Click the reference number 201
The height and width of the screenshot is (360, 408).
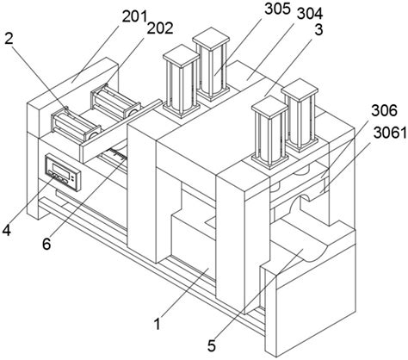pyautogui.click(x=134, y=16)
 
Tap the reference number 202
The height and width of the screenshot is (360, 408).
pyautogui.click(x=160, y=28)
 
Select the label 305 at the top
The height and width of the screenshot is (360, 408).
pyautogui.click(x=277, y=9)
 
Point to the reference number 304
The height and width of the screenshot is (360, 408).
pyautogui.click(x=310, y=14)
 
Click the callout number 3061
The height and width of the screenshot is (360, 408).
pyautogui.click(x=390, y=133)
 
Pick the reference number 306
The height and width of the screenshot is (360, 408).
pyautogui.click(x=385, y=110)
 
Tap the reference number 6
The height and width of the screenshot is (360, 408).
pyautogui.click(x=46, y=244)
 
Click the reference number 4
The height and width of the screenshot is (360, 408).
pyautogui.click(x=7, y=230)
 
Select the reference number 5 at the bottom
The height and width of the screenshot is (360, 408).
pyautogui.click(x=212, y=345)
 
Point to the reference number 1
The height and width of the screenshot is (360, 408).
pyautogui.click(x=157, y=324)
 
